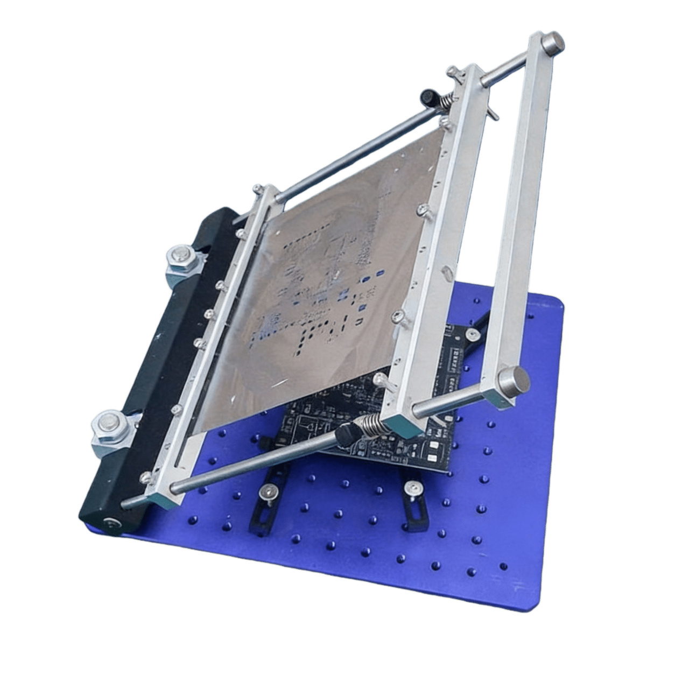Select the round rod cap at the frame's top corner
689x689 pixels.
pyautogui.click(x=553, y=42)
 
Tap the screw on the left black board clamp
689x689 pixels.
pyautogui.click(x=268, y=491)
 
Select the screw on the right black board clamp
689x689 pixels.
pyautogui.click(x=413, y=488)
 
